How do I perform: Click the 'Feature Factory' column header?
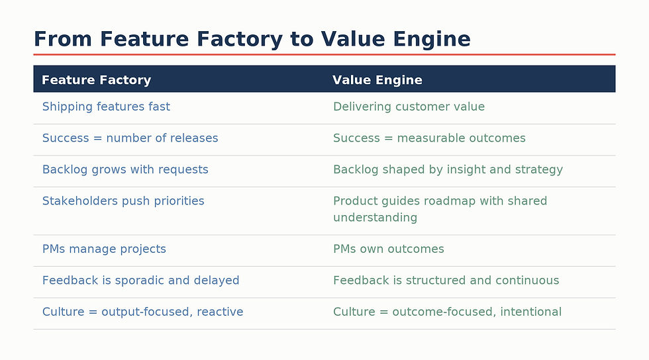pyautogui.click(x=96, y=80)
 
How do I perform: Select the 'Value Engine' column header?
pyautogui.click(x=377, y=80)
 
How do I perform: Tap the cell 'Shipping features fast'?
pyautogui.click(x=106, y=107)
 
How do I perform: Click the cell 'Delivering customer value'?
pyautogui.click(x=409, y=107)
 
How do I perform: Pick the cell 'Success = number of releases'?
pyautogui.click(x=130, y=138)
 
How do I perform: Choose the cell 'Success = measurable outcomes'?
pyautogui.click(x=429, y=138)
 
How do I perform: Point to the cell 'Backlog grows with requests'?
pyautogui.click(x=125, y=169)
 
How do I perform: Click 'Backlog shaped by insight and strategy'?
pyautogui.click(x=448, y=169)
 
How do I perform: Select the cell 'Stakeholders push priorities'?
pyautogui.click(x=123, y=201)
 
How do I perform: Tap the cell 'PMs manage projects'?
pyautogui.click(x=104, y=249)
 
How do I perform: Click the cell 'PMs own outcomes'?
pyautogui.click(x=388, y=249)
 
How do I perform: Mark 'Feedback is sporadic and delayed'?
pyautogui.click(x=140, y=281)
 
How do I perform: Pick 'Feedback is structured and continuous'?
pyautogui.click(x=446, y=281)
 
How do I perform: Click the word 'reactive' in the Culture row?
pyautogui.click(x=221, y=312)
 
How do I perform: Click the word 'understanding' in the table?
pyautogui.click(x=375, y=218)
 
